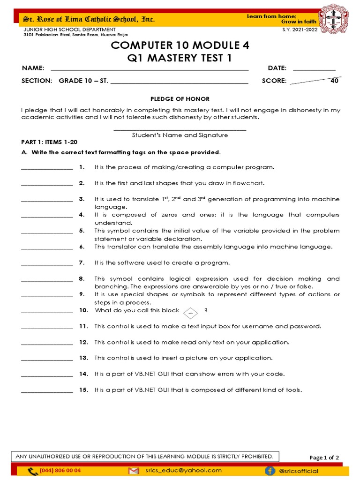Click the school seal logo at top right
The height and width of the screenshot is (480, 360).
click(334, 20)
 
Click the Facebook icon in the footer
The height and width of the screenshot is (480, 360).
click(283, 470)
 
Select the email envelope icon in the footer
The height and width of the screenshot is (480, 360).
click(134, 470)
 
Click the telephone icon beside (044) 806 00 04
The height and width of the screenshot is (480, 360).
click(32, 471)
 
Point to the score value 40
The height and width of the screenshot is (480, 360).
click(334, 81)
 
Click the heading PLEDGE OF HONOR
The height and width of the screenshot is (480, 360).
click(180, 99)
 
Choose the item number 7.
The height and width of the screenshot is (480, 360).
click(82, 263)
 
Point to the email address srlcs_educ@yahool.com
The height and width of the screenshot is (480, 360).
click(183, 470)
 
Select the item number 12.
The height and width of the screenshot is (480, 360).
click(83, 342)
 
